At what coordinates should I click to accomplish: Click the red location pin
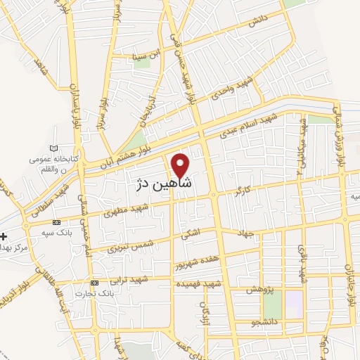[x=181, y=165]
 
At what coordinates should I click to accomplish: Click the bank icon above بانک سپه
[x=57, y=223]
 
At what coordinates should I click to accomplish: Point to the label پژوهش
[x=259, y=290]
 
